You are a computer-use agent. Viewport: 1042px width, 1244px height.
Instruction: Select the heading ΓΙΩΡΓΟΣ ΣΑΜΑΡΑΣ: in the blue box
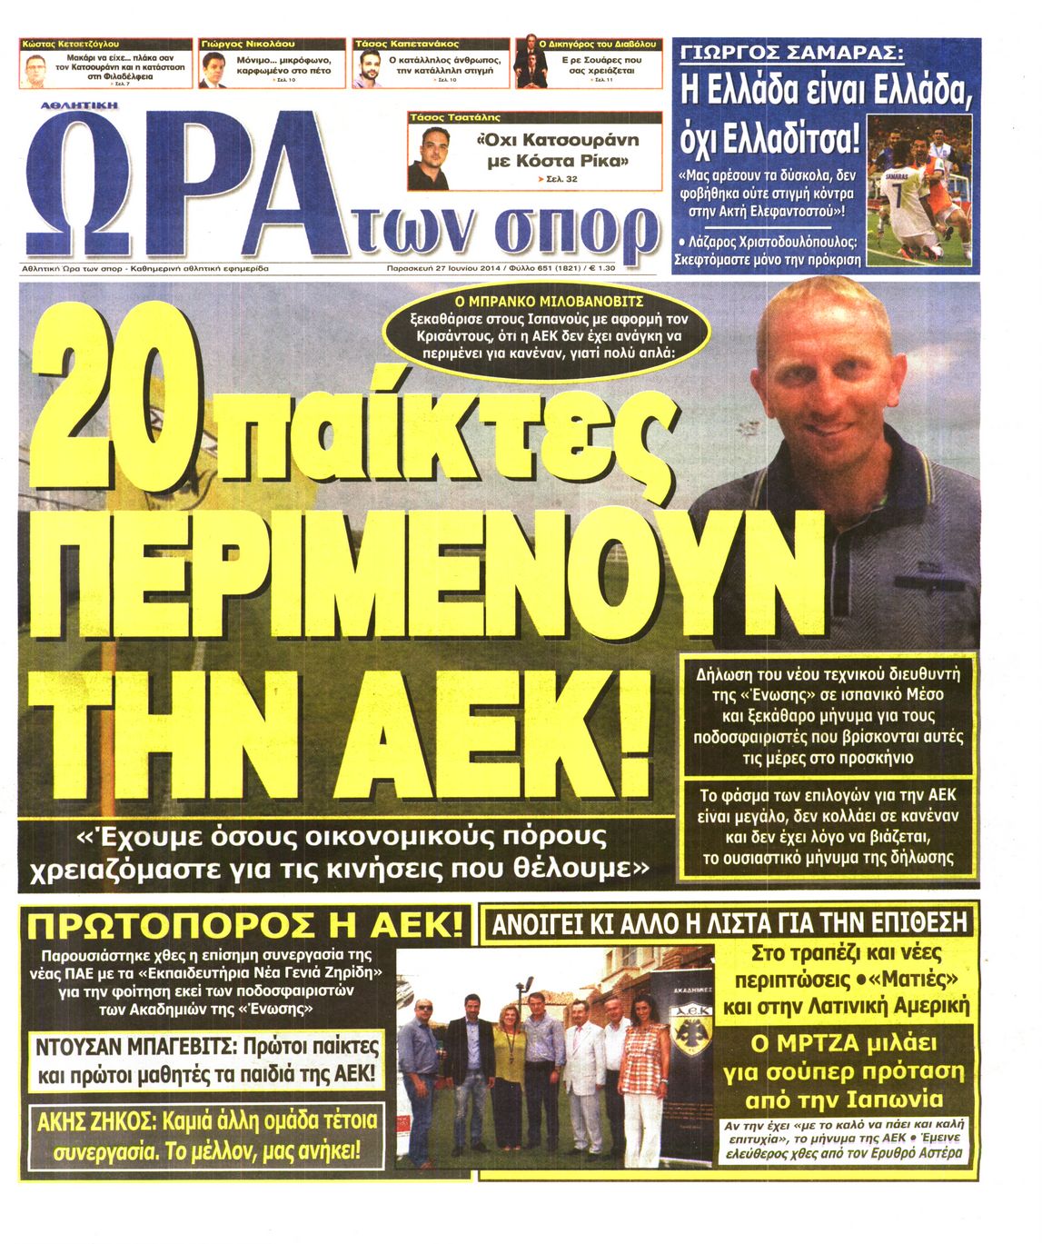[x=791, y=52]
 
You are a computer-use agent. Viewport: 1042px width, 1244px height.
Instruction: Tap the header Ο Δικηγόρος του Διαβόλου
[x=598, y=44]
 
